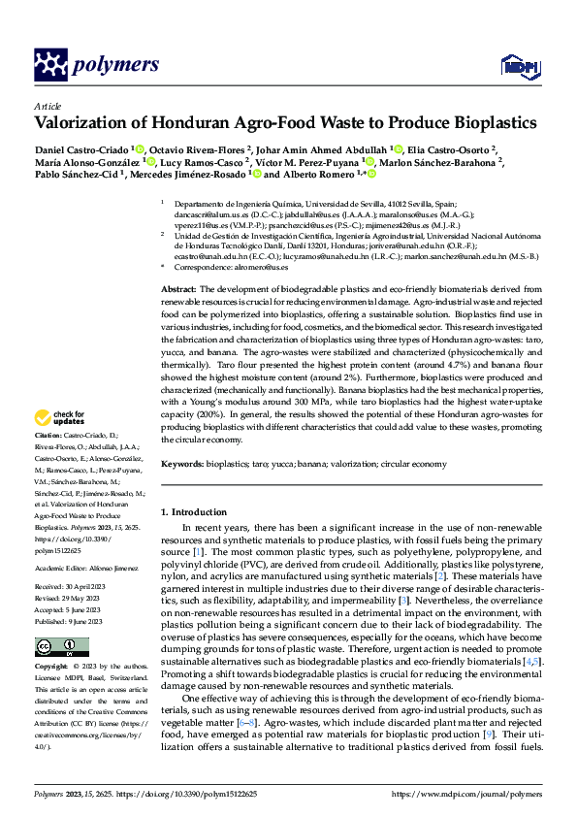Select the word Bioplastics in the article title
[485, 123]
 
